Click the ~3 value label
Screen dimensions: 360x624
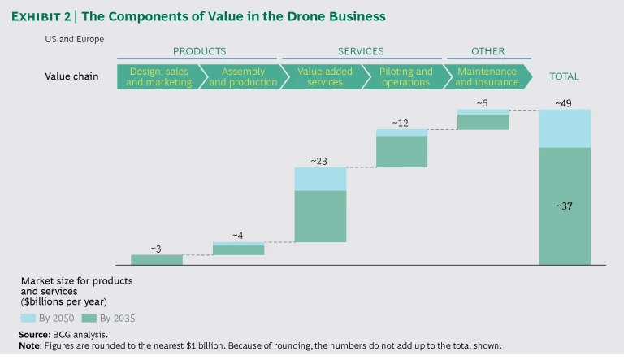[156, 249]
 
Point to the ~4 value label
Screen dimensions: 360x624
[237, 236]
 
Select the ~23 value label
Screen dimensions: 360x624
[319, 161]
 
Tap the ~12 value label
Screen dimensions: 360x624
[401, 123]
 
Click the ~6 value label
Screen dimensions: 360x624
[483, 103]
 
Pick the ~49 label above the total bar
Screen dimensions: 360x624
[564, 103]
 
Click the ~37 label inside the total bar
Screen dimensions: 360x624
[564, 206]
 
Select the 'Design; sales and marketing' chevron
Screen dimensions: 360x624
[158, 77]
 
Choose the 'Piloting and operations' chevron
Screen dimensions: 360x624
[406, 77]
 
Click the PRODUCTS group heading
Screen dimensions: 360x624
[199, 51]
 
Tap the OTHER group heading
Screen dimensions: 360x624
[488, 51]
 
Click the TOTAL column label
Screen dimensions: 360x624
[564, 76]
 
